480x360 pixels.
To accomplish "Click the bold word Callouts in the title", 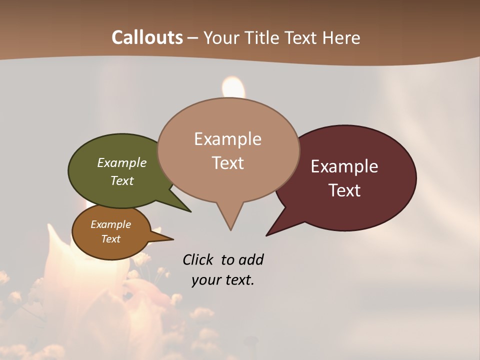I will click(147, 37).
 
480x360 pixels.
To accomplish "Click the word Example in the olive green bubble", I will click(121, 162).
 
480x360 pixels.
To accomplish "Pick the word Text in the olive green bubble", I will click(121, 180).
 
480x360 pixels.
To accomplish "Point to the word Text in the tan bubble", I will click(227, 162).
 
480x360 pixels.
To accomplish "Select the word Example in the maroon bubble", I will click(344, 166).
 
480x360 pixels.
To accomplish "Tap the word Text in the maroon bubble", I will click(344, 190).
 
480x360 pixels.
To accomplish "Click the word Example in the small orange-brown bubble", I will click(110, 224).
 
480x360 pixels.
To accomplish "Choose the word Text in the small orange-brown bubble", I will click(110, 239).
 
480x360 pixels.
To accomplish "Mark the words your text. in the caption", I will click(223, 280).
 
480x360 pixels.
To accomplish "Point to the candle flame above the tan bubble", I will click(233, 87).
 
